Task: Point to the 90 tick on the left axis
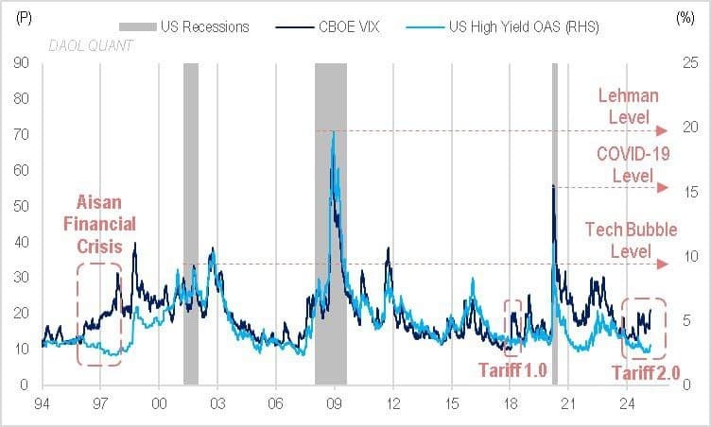click(x=21, y=63)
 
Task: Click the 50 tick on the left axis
click(x=21, y=206)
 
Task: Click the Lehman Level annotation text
click(x=629, y=107)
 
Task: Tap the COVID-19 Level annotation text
click(x=625, y=164)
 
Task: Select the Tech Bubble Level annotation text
click(x=624, y=241)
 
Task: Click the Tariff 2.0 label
click(x=647, y=373)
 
